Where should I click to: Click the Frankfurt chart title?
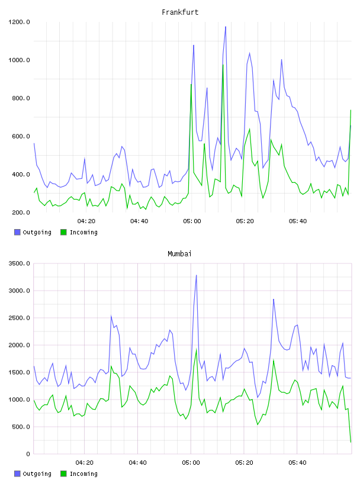click(x=180, y=12)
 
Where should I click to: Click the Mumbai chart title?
click(x=179, y=253)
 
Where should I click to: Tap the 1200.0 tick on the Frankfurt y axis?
click(x=19, y=22)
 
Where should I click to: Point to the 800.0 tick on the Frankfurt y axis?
click(x=19, y=98)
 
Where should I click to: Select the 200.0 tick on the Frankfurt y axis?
click(x=21, y=212)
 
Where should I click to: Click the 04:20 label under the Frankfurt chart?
click(x=86, y=221)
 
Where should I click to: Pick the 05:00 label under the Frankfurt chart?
click(x=192, y=221)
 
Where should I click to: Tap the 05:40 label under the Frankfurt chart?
click(x=298, y=221)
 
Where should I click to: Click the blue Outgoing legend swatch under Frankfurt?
click(x=17, y=232)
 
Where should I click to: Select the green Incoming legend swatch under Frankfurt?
click(x=63, y=232)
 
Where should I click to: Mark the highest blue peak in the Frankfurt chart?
click(x=226, y=27)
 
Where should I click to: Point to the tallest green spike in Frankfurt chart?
click(x=223, y=65)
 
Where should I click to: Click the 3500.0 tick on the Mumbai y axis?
click(x=19, y=263)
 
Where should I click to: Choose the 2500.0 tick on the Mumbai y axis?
click(x=19, y=318)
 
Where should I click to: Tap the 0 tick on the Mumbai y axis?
click(x=28, y=454)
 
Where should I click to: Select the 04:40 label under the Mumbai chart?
click(x=138, y=462)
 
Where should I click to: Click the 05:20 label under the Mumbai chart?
click(x=244, y=462)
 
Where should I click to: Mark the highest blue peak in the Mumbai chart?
click(x=197, y=275)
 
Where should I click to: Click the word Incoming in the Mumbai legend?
click(x=83, y=474)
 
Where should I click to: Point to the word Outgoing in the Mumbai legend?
click(x=37, y=474)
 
